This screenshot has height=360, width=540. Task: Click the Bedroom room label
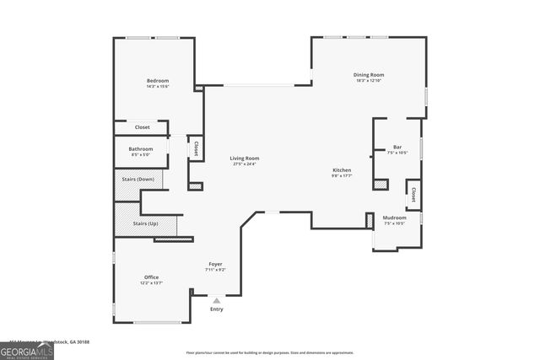click(x=158, y=80)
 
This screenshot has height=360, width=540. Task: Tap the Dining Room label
click(x=369, y=75)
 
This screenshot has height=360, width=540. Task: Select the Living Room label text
click(x=245, y=158)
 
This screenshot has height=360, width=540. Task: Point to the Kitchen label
click(x=342, y=170)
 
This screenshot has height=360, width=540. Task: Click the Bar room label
click(x=397, y=147)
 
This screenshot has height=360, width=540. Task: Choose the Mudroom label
click(x=395, y=218)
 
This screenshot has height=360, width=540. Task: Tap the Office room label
click(x=151, y=277)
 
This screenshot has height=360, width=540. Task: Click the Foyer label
click(x=216, y=264)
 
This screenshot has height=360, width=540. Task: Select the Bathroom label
click(x=141, y=149)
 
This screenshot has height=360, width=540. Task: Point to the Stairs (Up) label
click(x=145, y=223)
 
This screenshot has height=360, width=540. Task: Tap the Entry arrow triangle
click(x=217, y=300)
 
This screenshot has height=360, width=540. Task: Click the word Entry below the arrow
click(x=217, y=309)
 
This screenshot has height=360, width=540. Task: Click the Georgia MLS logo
click(x=27, y=349)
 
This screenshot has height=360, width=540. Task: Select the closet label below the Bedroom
click(x=143, y=127)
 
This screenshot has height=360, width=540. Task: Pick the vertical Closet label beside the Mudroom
click(x=413, y=195)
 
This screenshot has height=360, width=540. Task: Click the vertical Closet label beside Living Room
click(x=196, y=148)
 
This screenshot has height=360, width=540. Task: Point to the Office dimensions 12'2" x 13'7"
click(x=151, y=283)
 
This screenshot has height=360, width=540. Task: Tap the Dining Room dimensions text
click(x=369, y=81)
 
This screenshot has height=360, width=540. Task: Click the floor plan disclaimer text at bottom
click(x=270, y=352)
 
